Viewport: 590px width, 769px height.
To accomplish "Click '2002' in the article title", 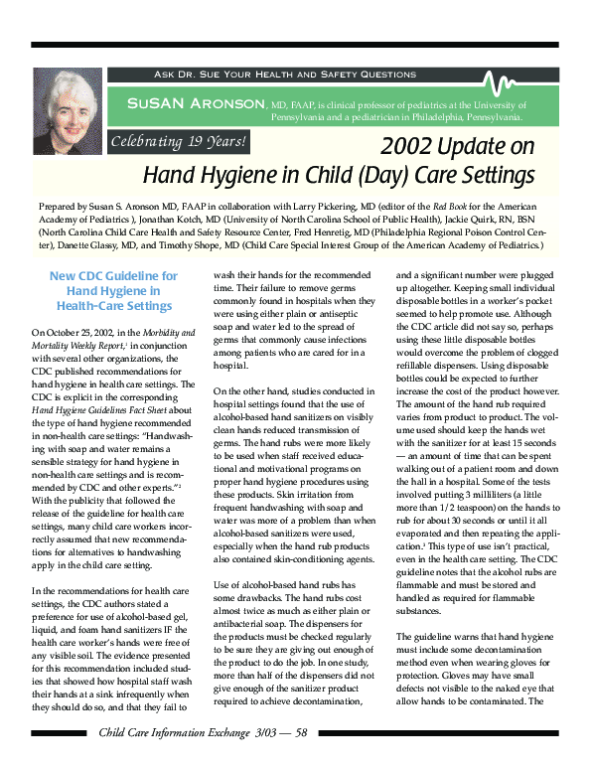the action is [410, 146].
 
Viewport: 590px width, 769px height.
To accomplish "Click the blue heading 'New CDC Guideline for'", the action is [114, 275].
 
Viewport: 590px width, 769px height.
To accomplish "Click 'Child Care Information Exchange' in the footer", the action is [166, 733].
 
